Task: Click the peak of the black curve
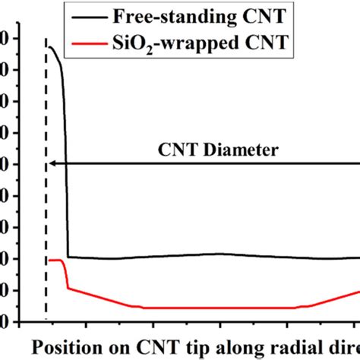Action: [x=50, y=47]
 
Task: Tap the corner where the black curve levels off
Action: [x=69, y=257]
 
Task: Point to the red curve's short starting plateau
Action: [x=55, y=260]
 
